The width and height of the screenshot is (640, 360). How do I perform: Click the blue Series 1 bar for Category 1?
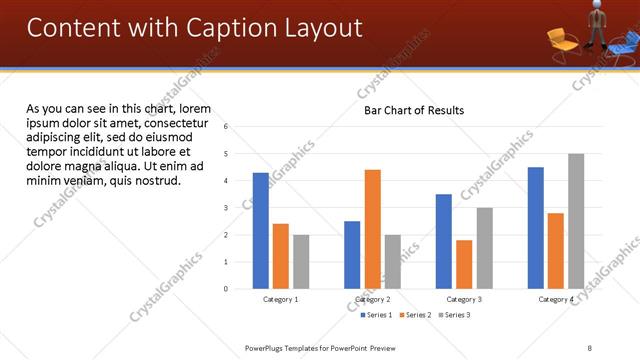click(x=261, y=231)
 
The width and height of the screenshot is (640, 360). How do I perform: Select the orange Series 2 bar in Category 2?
click(x=372, y=229)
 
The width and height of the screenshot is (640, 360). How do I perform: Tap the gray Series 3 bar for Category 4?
click(x=576, y=221)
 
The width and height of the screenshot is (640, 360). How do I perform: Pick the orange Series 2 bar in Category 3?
click(x=464, y=264)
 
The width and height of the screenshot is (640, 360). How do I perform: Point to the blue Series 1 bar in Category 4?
click(x=536, y=228)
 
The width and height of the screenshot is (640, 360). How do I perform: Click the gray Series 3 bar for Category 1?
click(x=301, y=262)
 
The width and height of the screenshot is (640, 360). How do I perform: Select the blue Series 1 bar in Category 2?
click(x=352, y=255)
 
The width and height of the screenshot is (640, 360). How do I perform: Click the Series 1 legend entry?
click(x=376, y=315)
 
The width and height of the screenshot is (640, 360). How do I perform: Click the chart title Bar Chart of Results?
click(x=414, y=111)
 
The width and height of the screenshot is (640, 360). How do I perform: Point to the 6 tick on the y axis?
click(x=226, y=127)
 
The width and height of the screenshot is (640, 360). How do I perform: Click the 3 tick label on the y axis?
click(x=226, y=208)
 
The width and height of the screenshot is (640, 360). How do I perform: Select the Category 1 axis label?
click(x=281, y=299)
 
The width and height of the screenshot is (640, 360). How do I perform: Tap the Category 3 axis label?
click(x=464, y=299)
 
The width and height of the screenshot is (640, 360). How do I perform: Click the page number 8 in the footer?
click(x=589, y=348)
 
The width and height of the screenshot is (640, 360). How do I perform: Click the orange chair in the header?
click(x=561, y=40)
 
